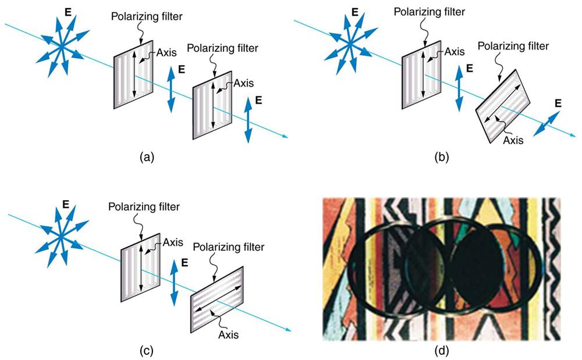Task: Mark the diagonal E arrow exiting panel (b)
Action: click(549, 124)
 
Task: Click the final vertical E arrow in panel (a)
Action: click(249, 120)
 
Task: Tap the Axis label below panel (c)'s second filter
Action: click(229, 334)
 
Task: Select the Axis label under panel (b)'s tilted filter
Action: click(513, 140)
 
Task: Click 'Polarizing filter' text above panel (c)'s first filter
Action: click(144, 205)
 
